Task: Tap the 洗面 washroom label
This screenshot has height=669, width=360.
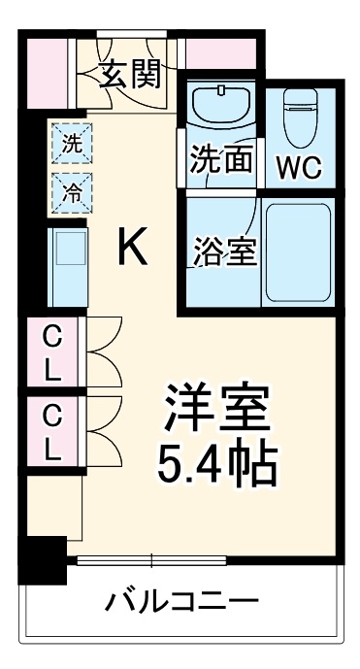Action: point(221,160)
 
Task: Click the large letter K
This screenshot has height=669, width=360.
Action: point(133,250)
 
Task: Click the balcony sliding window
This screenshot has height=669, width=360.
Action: point(151,559)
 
